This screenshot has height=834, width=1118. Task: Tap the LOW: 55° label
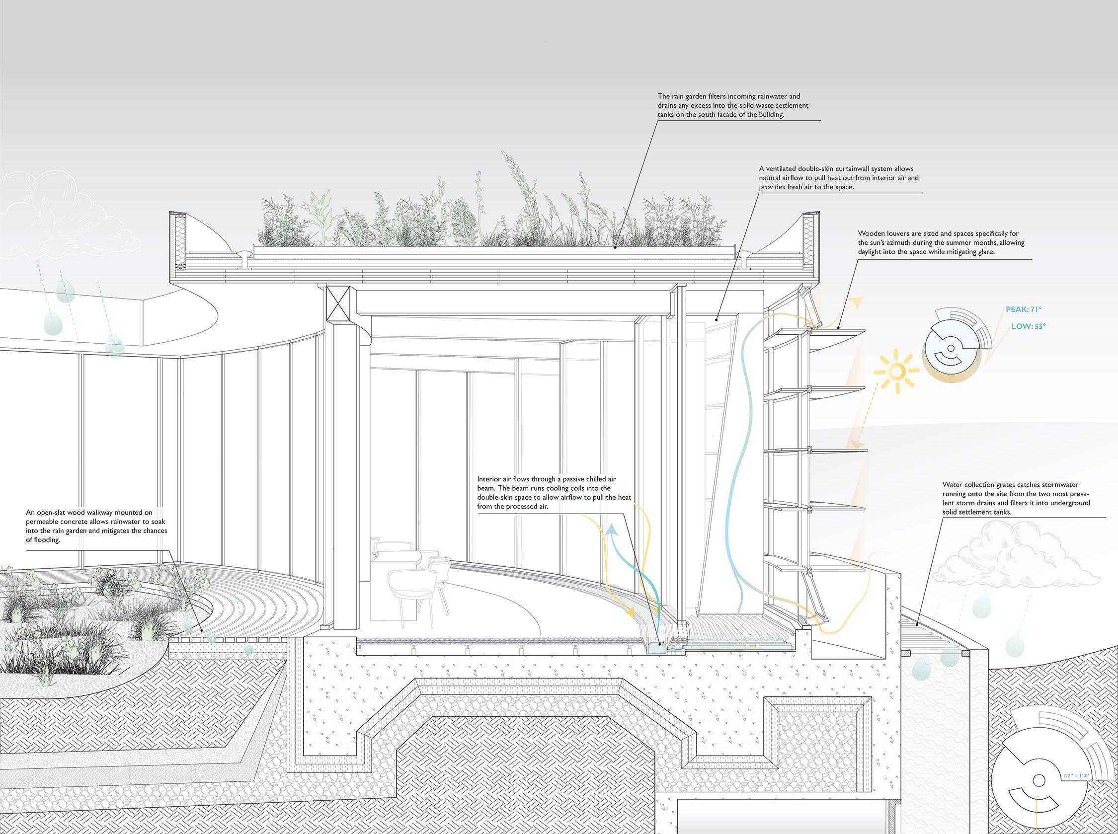click(1024, 327)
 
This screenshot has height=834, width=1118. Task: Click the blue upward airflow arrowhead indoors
click(612, 530)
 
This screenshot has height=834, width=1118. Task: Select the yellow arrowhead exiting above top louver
click(855, 302)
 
